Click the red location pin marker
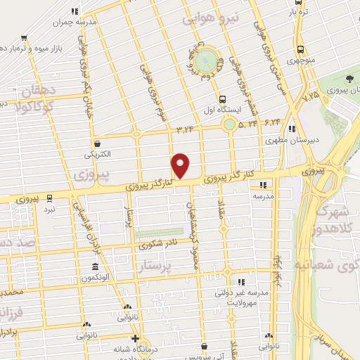(x=181, y=166)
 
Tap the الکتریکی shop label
(x=97, y=153)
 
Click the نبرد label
(x=49, y=210)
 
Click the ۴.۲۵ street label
(x=311, y=94)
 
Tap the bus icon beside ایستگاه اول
(x=222, y=98)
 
